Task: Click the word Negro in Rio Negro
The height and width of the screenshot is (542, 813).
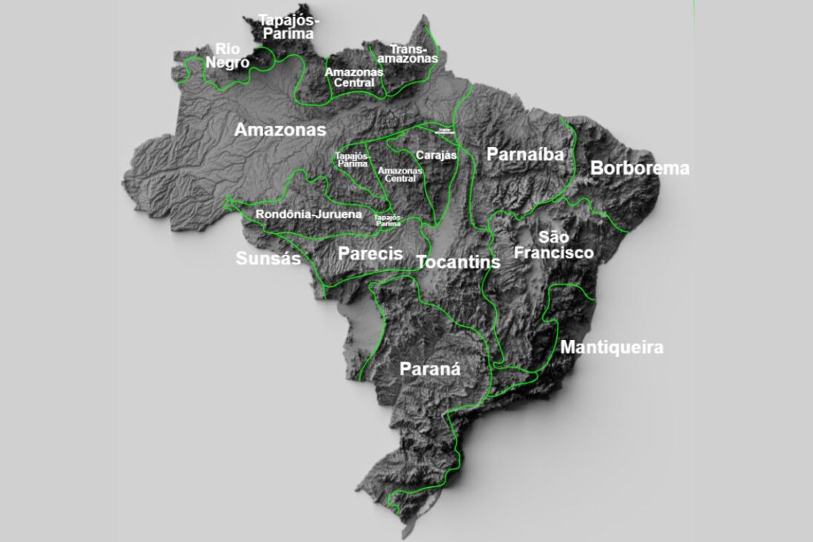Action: (x=227, y=63)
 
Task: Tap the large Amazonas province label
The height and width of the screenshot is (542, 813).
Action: (x=280, y=130)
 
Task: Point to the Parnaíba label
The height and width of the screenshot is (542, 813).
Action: (x=525, y=154)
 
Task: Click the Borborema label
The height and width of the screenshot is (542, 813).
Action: (x=639, y=169)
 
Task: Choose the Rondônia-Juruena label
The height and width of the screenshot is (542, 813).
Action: (x=309, y=215)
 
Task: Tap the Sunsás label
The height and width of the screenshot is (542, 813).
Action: (x=268, y=258)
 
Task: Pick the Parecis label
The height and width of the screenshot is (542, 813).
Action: (x=370, y=254)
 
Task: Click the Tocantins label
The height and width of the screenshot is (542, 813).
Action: (x=459, y=262)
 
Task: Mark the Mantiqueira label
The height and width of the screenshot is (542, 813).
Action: (x=612, y=347)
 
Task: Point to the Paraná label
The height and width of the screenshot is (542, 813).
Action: (x=430, y=369)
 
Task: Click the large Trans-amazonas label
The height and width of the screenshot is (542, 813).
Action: (x=408, y=53)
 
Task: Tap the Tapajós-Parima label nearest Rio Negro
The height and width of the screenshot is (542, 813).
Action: (x=286, y=27)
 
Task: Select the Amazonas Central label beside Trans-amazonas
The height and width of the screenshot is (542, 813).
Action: (x=354, y=77)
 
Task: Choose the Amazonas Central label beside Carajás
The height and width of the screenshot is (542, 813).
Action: (x=399, y=174)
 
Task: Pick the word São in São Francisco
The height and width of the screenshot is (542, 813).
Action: (x=554, y=238)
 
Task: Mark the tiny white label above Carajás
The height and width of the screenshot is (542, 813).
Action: (x=445, y=131)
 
